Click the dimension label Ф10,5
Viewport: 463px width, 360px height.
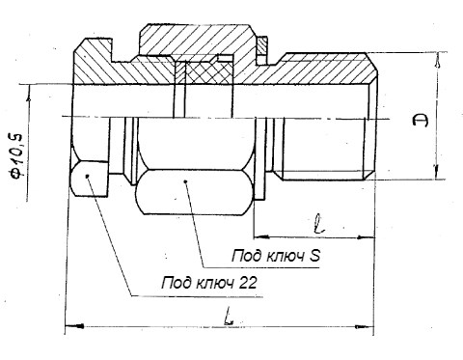click(x=16, y=155)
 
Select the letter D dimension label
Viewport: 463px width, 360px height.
click(x=422, y=121)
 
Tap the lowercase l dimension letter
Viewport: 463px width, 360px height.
click(x=319, y=224)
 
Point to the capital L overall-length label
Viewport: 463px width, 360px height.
click(x=228, y=317)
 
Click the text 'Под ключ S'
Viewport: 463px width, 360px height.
click(x=276, y=256)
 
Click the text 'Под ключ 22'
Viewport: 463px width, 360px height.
click(x=209, y=283)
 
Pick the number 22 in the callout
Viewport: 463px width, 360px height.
click(x=248, y=283)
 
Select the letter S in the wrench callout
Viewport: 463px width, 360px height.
click(x=314, y=256)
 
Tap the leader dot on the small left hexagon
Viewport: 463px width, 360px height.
click(x=87, y=176)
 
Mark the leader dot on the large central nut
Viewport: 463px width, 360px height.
click(x=185, y=182)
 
